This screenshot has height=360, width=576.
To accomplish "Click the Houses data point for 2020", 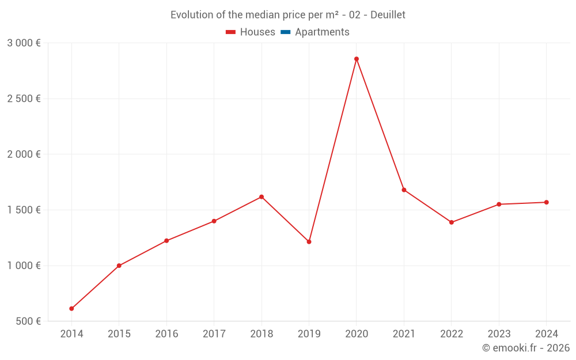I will (x=357, y=59).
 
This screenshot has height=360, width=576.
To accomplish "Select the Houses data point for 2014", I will (x=71, y=309).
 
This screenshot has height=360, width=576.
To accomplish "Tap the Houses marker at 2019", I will (x=309, y=242).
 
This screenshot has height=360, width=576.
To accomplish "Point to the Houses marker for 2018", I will (x=262, y=197).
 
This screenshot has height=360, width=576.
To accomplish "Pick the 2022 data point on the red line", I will (x=452, y=222).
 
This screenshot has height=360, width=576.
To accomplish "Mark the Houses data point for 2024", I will (x=546, y=202).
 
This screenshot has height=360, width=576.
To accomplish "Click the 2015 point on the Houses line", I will (x=119, y=266).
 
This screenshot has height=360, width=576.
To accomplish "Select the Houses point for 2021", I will (x=404, y=190).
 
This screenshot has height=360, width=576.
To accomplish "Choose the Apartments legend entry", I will (x=322, y=32).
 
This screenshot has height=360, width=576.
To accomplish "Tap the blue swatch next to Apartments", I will (x=285, y=32).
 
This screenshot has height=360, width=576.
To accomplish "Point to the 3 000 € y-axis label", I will (x=24, y=43).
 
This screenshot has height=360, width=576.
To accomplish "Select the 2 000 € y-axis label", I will (x=24, y=154).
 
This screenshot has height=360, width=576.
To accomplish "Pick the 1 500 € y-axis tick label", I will (x=24, y=210).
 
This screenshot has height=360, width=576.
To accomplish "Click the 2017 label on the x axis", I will (x=214, y=334).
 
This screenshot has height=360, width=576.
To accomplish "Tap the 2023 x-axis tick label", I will (x=499, y=334).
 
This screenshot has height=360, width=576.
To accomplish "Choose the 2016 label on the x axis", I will (x=166, y=334).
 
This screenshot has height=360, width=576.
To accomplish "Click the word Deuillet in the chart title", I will (x=388, y=15).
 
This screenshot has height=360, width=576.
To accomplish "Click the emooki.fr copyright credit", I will (x=526, y=348).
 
